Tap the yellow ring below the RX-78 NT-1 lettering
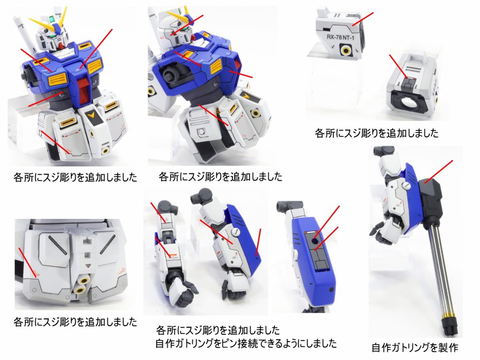pyautogui.click(x=346, y=50)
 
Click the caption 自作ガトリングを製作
pyautogui.click(x=414, y=347)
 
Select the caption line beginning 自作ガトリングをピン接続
pyautogui.click(x=246, y=343)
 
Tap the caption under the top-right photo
pyautogui.click(x=376, y=133)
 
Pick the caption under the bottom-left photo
pyautogui.click(x=75, y=322)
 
